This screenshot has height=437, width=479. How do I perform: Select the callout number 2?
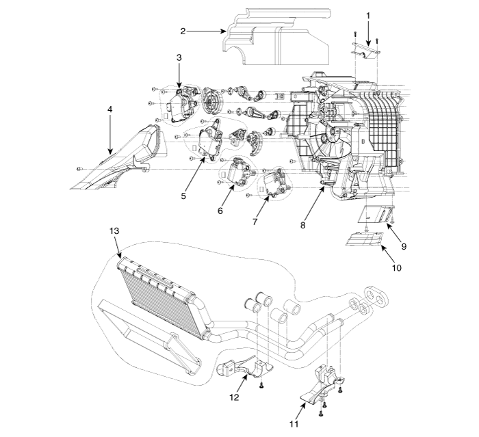(183, 31)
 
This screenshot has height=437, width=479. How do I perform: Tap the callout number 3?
(179, 58)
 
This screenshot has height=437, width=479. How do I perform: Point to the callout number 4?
(109, 108)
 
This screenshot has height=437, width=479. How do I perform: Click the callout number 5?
(183, 196)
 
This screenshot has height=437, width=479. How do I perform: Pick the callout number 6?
(220, 211)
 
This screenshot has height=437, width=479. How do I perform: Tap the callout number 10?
(396, 268)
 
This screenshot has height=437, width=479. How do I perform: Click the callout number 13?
(114, 230)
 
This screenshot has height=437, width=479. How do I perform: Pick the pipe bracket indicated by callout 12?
(243, 368)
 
